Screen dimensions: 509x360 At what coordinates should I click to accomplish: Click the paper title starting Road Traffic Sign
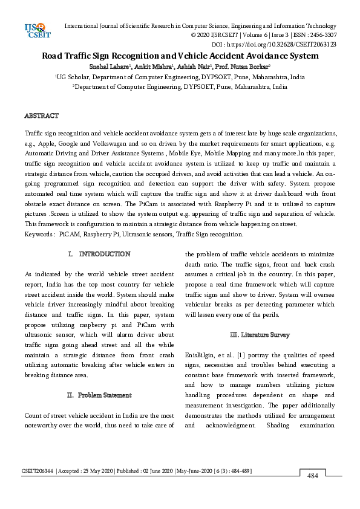pyautogui.click(x=180, y=56)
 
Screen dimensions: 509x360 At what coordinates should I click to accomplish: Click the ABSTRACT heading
pyautogui.click(x=41, y=115)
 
